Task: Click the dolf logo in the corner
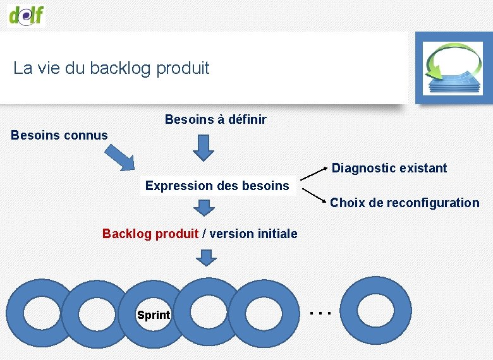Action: click(27, 13)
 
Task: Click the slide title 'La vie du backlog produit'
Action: click(111, 68)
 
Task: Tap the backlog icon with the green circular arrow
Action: click(453, 68)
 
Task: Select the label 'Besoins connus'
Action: click(59, 135)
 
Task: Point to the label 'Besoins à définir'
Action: click(216, 119)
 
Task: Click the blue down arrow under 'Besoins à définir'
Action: click(204, 148)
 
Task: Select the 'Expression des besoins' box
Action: click(217, 186)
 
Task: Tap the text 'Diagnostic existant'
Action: click(389, 168)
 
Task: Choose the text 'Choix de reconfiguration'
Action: click(405, 203)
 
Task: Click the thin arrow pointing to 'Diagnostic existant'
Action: click(314, 176)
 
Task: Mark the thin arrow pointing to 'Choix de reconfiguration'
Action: click(314, 195)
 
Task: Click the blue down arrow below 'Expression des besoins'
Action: click(204, 207)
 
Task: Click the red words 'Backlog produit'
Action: click(150, 234)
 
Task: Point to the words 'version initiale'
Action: click(253, 234)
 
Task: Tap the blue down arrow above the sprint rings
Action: click(204, 257)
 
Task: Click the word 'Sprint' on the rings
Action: click(154, 315)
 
